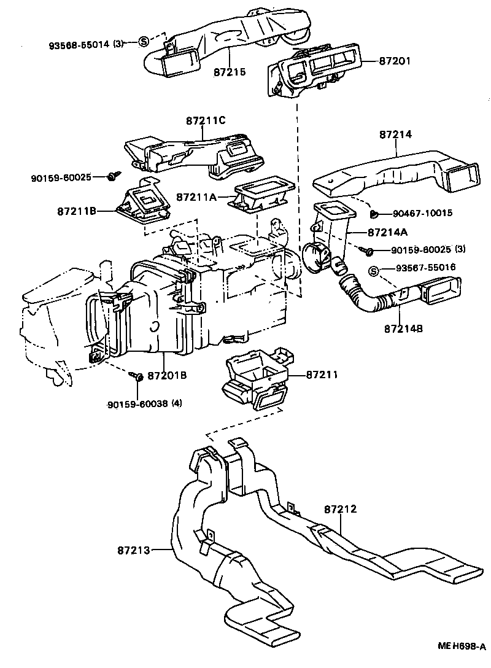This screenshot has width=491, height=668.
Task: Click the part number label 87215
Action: coord(230,72)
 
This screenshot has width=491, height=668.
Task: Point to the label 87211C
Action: coord(206,121)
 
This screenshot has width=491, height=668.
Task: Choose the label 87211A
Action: coord(197,197)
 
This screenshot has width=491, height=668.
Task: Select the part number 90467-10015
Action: coord(422,213)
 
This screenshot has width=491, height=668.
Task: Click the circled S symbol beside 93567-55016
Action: coord(373,270)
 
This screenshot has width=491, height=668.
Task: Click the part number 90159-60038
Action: coord(137,404)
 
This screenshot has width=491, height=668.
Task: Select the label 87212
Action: coord(340,509)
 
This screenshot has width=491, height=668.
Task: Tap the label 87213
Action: coord(133,550)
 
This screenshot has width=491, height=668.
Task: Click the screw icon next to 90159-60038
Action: coord(138,376)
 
